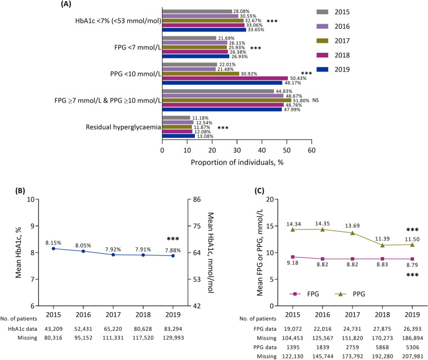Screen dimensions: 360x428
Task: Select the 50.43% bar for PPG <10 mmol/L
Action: coord(225,78)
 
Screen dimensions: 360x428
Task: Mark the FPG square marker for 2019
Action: coord(400,259)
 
